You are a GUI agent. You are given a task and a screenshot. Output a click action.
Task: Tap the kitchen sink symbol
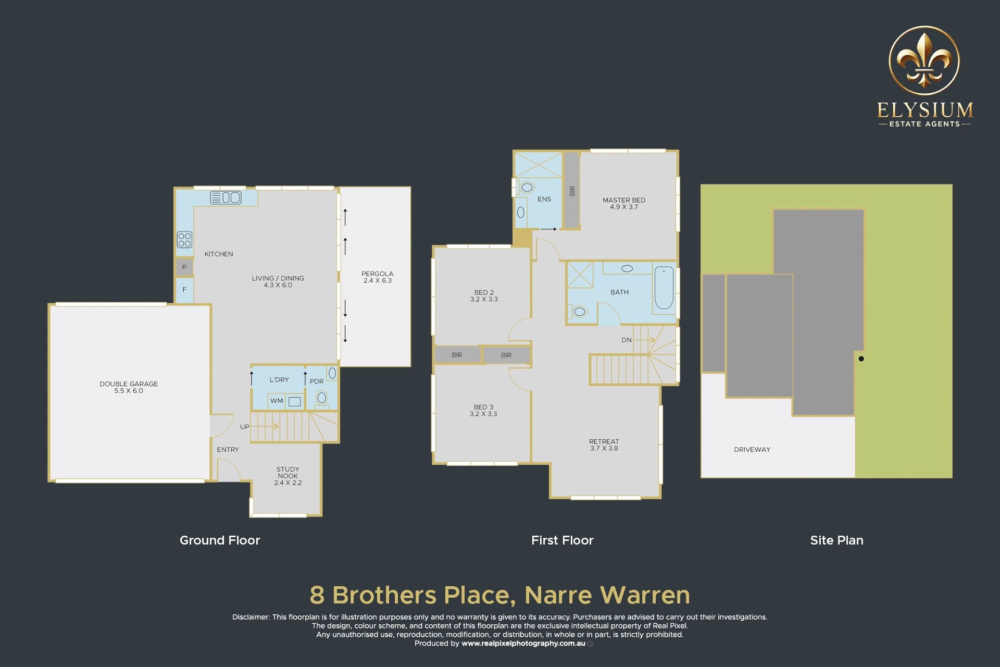226,197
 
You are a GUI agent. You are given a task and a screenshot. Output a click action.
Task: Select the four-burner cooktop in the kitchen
184,240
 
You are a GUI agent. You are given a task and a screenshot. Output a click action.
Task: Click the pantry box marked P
184,267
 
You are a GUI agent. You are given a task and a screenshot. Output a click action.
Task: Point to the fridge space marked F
184,290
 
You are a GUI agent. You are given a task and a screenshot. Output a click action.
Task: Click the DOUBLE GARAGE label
129,387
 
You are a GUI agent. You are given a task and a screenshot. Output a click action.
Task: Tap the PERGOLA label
378,277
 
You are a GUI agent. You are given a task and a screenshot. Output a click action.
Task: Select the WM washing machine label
277,401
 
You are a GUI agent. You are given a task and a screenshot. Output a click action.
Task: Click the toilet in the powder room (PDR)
322,399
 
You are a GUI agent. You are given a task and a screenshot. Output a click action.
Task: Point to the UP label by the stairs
245,427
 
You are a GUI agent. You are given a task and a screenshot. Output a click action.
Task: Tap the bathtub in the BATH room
664,288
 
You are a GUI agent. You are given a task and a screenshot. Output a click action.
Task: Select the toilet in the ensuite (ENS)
527,187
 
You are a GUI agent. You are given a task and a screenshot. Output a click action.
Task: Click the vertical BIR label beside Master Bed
572,191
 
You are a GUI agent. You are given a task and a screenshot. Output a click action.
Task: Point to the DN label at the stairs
627,340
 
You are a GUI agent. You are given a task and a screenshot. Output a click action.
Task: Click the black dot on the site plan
861,359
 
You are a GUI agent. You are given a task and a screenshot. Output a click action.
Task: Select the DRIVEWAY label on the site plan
752,449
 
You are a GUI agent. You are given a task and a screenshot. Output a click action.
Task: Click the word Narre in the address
558,595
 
